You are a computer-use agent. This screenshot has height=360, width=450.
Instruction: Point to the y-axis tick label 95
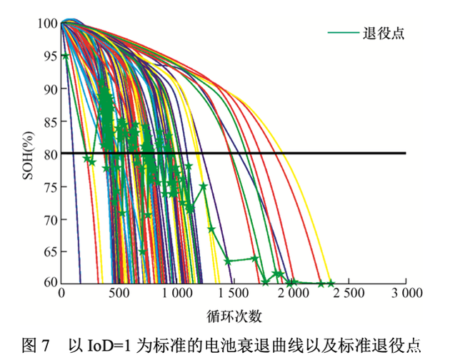pos(49,56)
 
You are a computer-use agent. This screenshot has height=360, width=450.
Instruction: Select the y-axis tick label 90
pos(49,89)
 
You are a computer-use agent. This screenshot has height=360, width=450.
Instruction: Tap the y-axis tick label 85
pos(49,121)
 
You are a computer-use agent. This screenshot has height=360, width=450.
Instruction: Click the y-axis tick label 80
pos(49,154)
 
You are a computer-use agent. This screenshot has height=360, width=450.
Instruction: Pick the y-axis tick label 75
pos(49,186)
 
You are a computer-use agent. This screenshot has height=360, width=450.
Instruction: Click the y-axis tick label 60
pos(49,283)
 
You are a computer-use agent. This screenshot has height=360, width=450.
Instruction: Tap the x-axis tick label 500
pos(119,294)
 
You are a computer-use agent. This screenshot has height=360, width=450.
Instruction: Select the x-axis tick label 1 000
pos(176,294)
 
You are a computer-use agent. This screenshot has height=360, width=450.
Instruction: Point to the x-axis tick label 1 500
pos(234,294)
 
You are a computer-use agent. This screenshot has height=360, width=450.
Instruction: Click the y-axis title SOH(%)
pos(29,154)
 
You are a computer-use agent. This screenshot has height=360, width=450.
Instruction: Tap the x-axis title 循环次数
pos(234,314)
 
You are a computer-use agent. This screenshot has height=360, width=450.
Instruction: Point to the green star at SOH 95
pos(66,56)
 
